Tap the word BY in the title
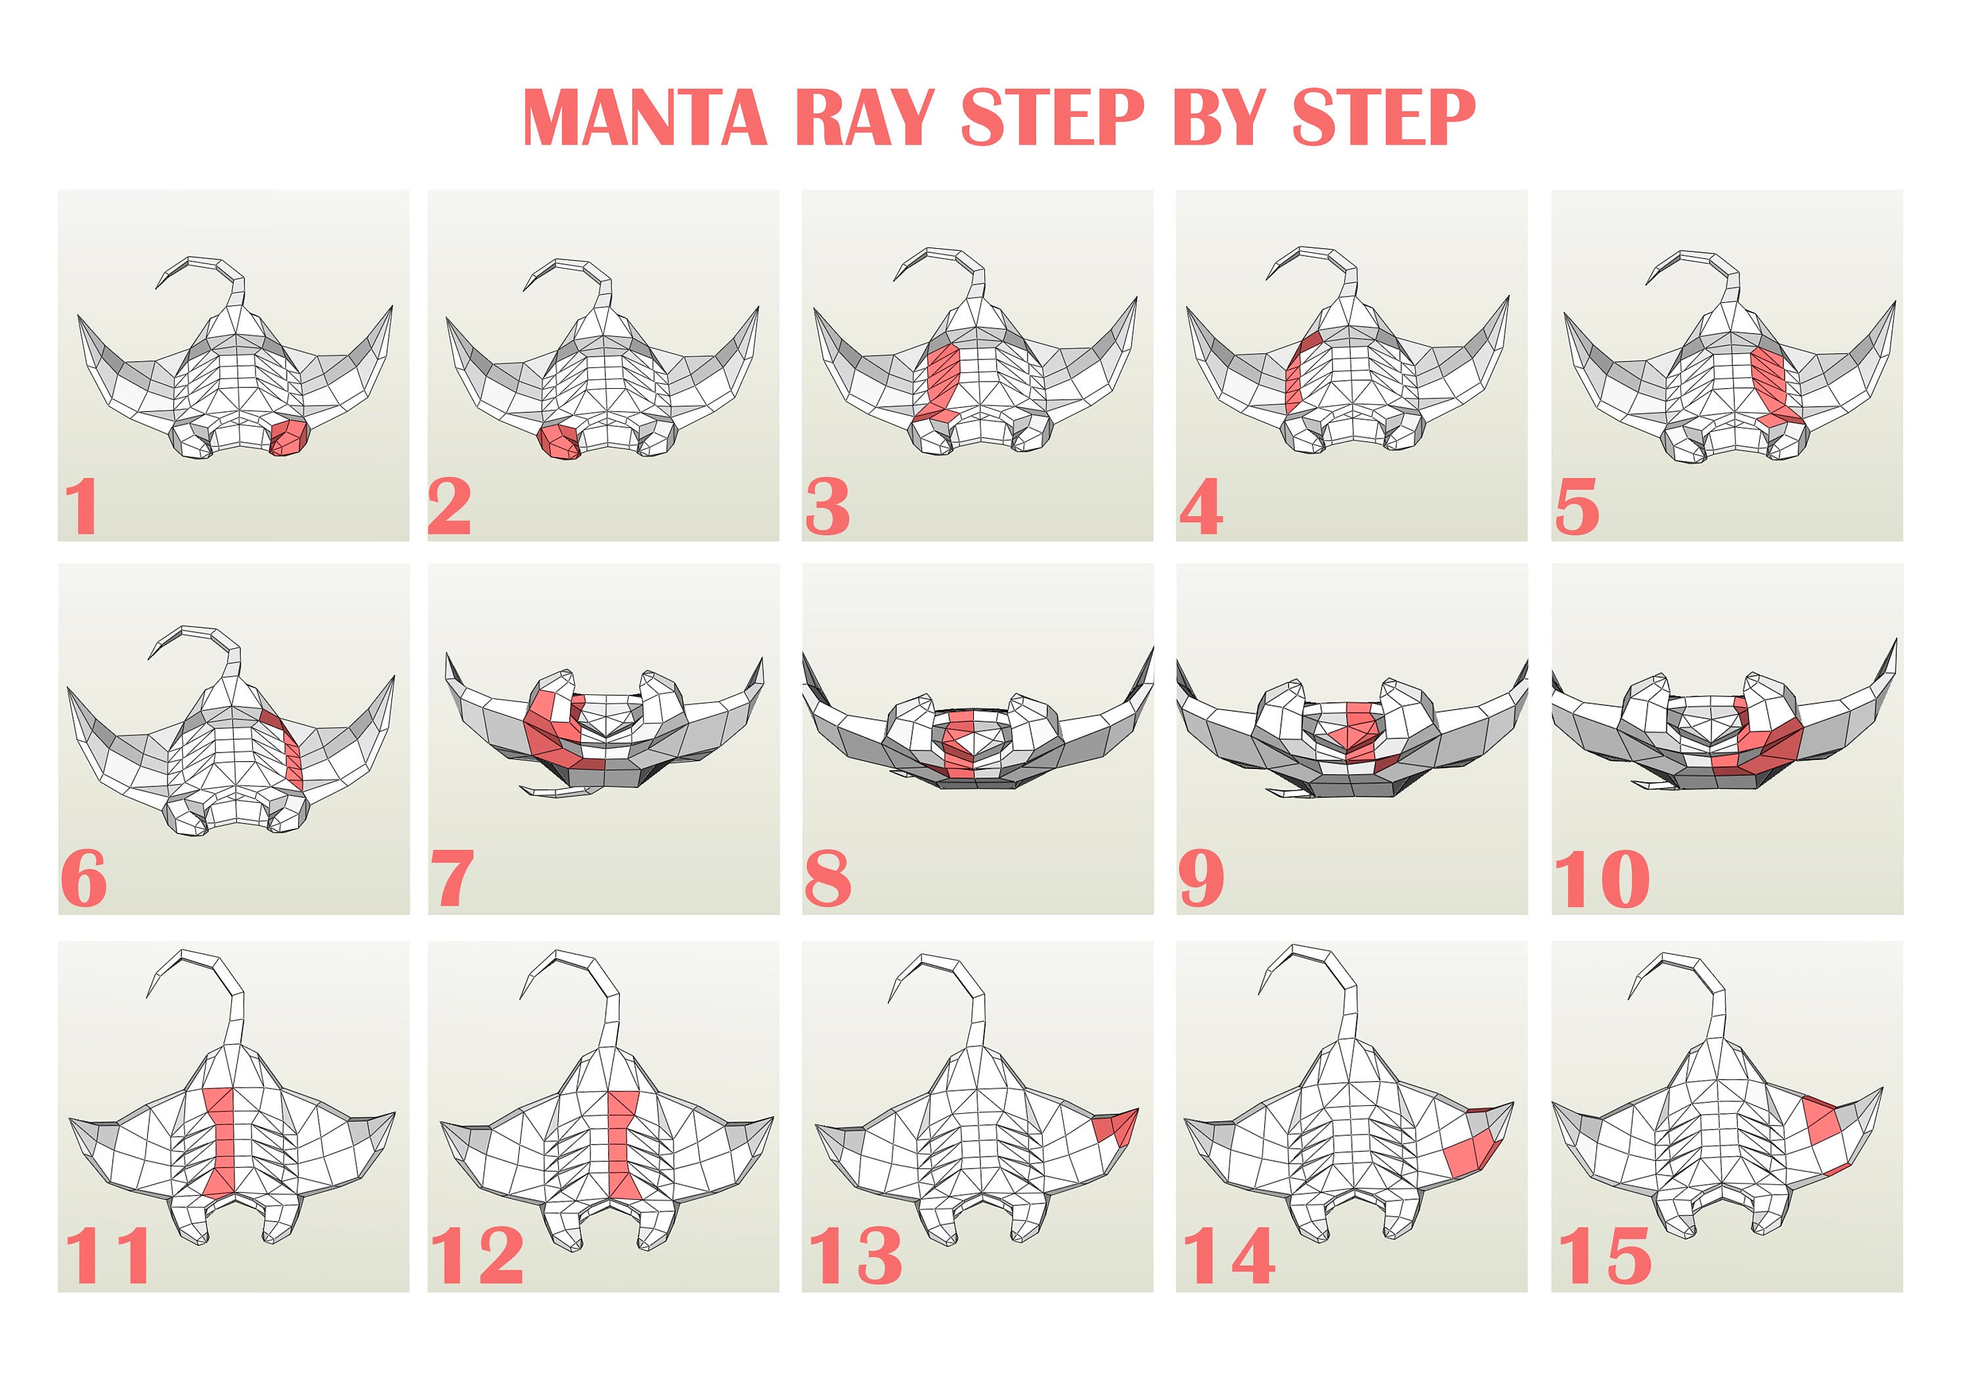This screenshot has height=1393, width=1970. coord(1217,118)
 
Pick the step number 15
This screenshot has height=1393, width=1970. coord(1604,1255)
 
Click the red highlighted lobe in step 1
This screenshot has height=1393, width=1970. coord(288,437)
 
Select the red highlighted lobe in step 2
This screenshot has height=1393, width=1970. coord(558,441)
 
